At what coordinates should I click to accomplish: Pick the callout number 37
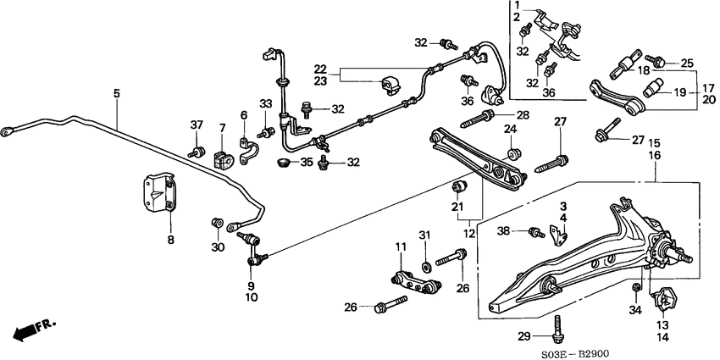tap(197, 126)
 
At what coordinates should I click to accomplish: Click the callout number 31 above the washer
tap(426, 235)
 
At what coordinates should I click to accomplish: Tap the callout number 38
tap(504, 231)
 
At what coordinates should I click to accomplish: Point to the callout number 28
tap(522, 115)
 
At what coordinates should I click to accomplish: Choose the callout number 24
tap(510, 130)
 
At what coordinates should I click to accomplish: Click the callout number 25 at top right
tap(686, 64)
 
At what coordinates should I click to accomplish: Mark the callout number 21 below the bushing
tap(457, 208)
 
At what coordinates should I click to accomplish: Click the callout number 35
tap(307, 161)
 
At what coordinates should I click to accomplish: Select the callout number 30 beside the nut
tap(217, 246)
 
